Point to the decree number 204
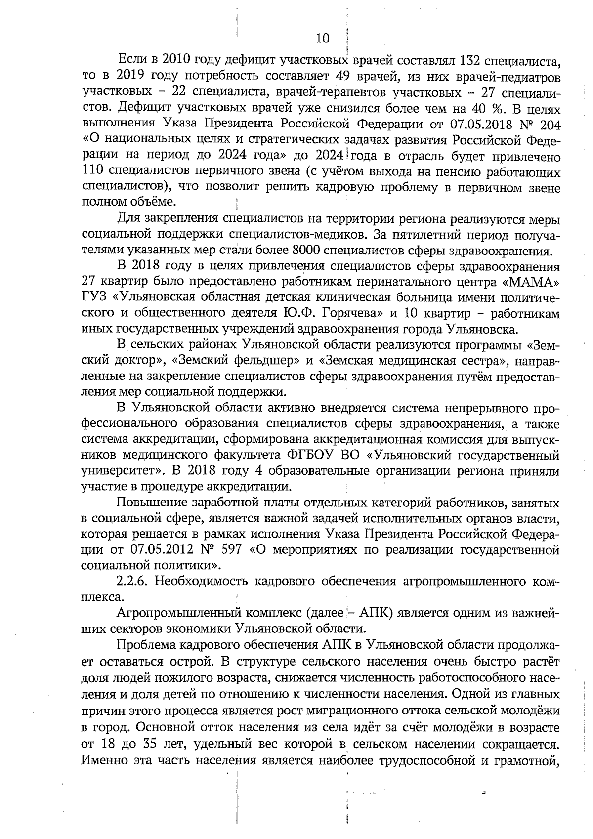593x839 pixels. click(548, 124)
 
